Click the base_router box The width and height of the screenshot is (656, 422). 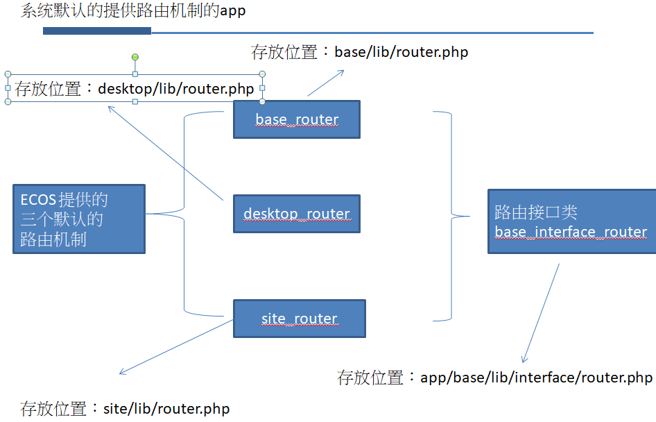pos(296,119)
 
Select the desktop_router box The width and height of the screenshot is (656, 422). pos(296,214)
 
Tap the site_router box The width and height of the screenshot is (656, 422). pos(299,319)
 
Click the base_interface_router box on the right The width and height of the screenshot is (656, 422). pos(571,221)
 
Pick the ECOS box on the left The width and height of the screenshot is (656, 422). pos(78,219)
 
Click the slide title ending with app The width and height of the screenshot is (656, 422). pos(133,11)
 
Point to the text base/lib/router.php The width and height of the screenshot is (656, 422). pos(401,52)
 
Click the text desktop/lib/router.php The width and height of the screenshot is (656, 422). pos(176,89)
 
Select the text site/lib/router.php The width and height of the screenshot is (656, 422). pos(166,408)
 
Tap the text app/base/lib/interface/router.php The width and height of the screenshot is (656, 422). pos(536,378)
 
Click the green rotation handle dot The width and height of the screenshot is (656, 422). pos(135,57)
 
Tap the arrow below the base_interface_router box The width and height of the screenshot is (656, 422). pos(541,312)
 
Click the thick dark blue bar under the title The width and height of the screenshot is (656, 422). pos(97,31)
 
